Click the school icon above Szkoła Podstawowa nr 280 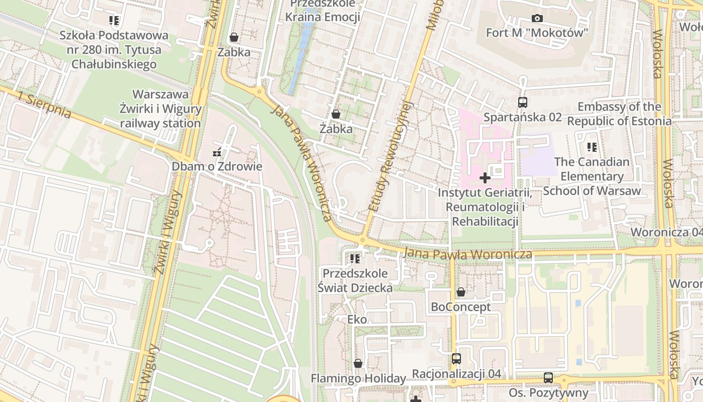coord(114,21)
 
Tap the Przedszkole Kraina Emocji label coord(322,11)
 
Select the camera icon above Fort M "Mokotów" coord(537,19)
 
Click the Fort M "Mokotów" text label coord(537,33)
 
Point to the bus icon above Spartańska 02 coord(523,103)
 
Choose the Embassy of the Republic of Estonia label coord(619,114)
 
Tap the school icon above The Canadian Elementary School coord(592,147)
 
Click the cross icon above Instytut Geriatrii coord(485,178)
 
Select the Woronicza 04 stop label coord(666,232)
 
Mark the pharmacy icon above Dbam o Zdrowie coord(217,152)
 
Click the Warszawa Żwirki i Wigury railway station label coord(160,109)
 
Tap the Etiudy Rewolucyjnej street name coord(390,156)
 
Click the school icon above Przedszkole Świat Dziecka coord(355,259)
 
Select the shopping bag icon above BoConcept coord(460,292)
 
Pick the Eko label coord(357,319)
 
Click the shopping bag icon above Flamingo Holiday coord(358,363)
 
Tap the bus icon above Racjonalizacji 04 coord(456,359)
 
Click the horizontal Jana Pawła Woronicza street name coord(467,254)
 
